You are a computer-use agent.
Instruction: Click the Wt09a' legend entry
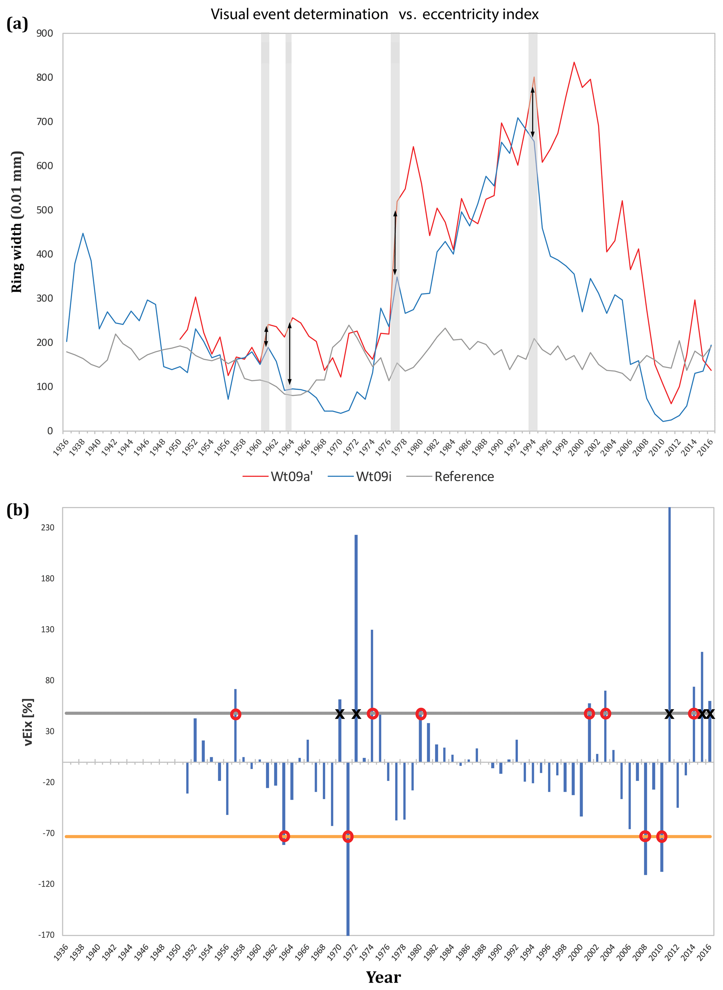click(x=291, y=477)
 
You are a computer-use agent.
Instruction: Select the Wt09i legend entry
click(x=373, y=477)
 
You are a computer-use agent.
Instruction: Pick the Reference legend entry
click(x=464, y=477)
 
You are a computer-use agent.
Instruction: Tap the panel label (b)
click(x=17, y=510)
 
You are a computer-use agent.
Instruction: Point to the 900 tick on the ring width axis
click(x=45, y=33)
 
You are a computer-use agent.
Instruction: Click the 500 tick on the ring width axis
click(x=45, y=210)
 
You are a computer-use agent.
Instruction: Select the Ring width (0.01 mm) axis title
click(x=17, y=222)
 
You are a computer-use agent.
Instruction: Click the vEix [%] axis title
click(x=28, y=721)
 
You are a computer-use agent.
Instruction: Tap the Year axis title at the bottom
click(x=383, y=977)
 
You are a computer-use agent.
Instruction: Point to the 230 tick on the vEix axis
click(x=47, y=527)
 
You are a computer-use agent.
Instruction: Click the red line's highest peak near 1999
click(x=574, y=62)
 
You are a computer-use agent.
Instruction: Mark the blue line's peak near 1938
click(x=83, y=234)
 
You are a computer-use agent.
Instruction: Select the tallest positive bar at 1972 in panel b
click(x=356, y=613)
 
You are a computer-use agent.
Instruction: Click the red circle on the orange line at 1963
click(x=284, y=836)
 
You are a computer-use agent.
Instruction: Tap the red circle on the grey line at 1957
click(x=235, y=714)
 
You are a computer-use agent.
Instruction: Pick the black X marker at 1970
click(x=340, y=714)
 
